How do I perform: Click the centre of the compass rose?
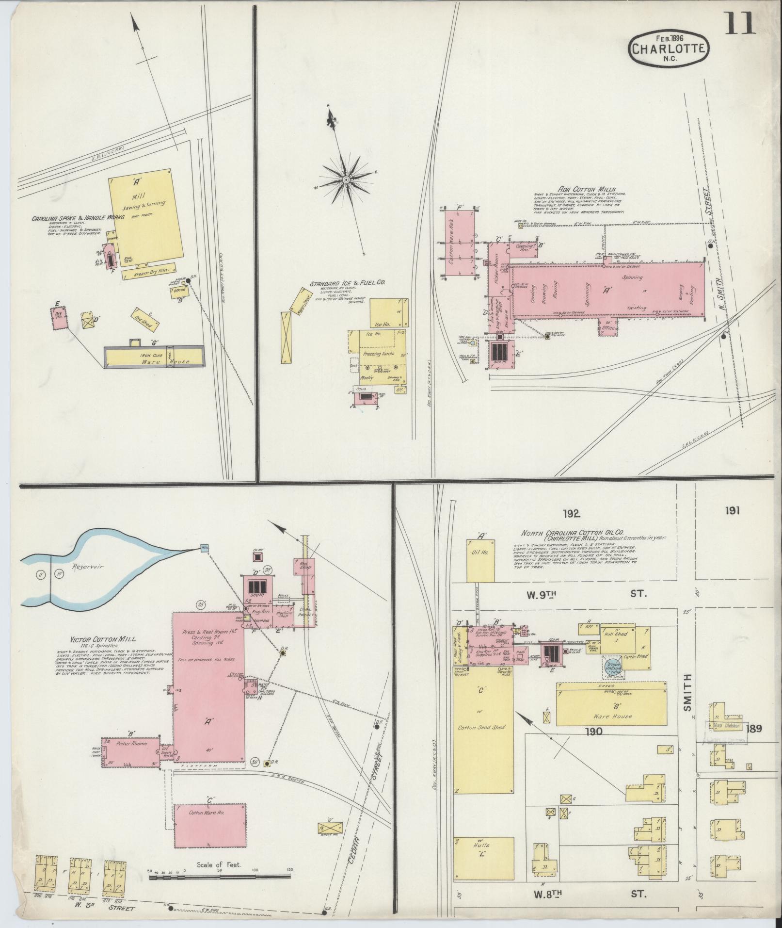pos(346,179)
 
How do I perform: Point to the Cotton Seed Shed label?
pos(483,727)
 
